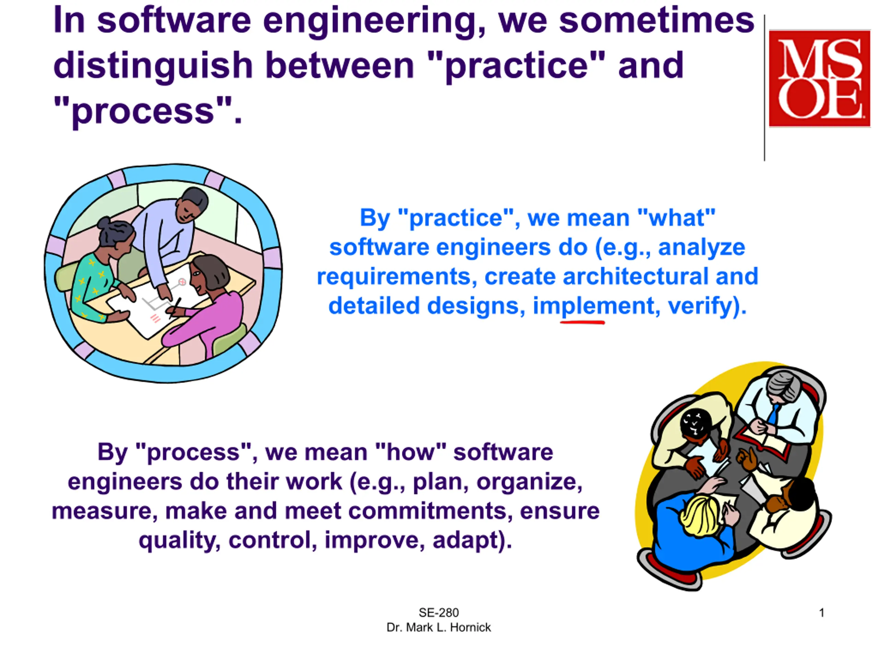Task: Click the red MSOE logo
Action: click(819, 78)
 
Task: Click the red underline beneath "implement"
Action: click(582, 323)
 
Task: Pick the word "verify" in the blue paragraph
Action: click(699, 306)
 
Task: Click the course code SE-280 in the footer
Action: click(439, 613)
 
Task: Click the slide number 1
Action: click(822, 613)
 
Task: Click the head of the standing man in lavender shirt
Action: click(192, 205)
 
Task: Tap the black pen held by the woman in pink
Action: click(175, 308)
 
